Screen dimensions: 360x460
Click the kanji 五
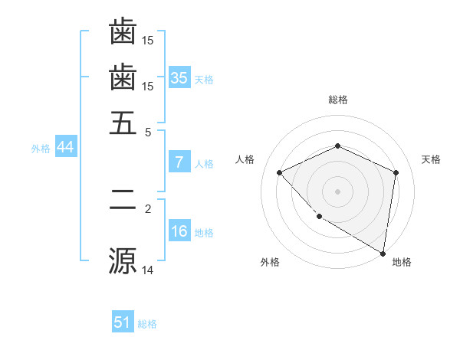click(x=123, y=123)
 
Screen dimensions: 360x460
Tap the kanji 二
click(x=123, y=201)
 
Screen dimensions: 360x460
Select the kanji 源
click(x=123, y=260)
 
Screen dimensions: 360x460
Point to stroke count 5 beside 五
click(x=148, y=131)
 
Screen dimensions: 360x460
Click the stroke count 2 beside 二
click(x=148, y=208)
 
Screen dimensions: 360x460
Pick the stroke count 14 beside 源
click(x=148, y=270)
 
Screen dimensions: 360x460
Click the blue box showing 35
click(x=179, y=77)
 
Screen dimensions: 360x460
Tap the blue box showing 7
click(x=179, y=162)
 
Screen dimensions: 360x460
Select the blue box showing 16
click(x=179, y=231)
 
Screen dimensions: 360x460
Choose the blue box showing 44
click(x=65, y=148)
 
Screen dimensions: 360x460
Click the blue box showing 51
click(x=123, y=322)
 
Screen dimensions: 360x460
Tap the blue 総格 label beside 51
click(x=147, y=324)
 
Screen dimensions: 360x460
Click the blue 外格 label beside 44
click(x=41, y=149)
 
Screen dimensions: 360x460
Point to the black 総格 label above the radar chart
click(x=338, y=100)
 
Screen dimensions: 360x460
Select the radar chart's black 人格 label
click(x=246, y=159)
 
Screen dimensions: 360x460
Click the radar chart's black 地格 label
click(x=402, y=263)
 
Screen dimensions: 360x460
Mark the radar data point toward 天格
click(x=396, y=172)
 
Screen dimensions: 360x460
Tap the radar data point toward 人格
click(x=280, y=172)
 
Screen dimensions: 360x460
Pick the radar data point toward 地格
click(x=383, y=253)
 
